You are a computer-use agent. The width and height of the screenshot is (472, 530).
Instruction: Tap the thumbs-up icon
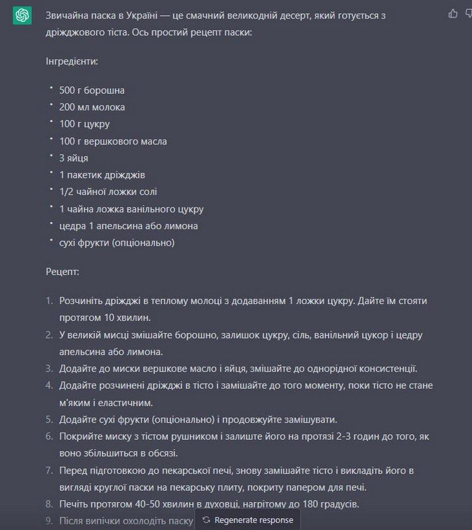point(453,13)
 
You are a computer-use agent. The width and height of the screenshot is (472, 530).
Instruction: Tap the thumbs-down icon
point(467,13)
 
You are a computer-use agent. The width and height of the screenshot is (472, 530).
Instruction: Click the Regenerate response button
point(248,520)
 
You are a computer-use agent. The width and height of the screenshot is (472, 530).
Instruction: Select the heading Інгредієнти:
point(72,61)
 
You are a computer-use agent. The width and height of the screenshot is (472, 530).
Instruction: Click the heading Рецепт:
point(62,272)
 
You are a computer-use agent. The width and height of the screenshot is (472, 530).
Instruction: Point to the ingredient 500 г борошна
point(91,90)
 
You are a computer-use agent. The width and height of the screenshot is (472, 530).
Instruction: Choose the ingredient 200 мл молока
point(91,107)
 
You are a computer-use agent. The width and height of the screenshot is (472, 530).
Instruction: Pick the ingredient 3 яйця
point(74,158)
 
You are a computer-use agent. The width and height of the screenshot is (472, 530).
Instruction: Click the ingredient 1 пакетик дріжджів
point(102,175)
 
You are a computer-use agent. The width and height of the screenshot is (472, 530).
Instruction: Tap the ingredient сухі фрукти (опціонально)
point(117,243)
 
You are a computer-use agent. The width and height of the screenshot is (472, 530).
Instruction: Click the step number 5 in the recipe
point(49,419)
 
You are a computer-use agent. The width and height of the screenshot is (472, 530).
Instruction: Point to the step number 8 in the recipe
point(49,504)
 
